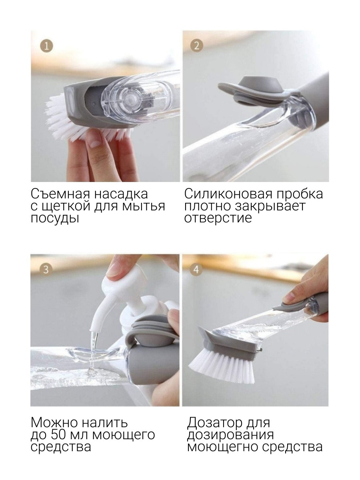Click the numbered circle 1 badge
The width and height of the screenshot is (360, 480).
pos(46,46)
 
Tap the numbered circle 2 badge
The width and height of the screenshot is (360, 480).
pos(196,46)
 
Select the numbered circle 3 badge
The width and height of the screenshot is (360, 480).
pos(46,270)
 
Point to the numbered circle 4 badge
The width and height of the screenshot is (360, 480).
pos(196,270)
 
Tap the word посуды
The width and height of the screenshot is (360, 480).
pos(55,218)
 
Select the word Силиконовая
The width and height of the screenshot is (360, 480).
pos(228,194)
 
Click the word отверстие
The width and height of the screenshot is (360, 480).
pos(218,218)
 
